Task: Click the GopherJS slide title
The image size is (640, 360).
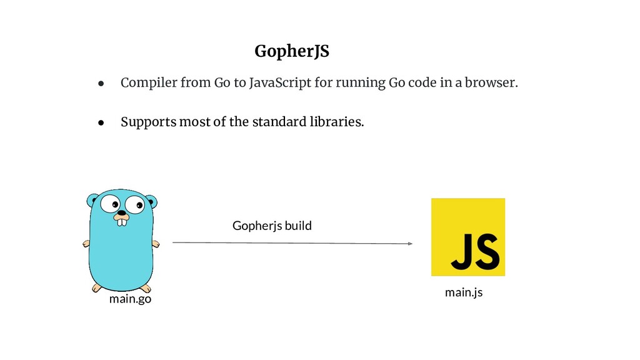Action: [x=291, y=52]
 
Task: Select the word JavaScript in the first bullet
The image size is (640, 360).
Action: [x=279, y=83]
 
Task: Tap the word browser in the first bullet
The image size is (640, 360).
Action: [x=494, y=83]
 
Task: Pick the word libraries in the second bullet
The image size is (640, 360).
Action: [x=338, y=121]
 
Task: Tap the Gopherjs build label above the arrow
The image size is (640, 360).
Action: [x=271, y=226]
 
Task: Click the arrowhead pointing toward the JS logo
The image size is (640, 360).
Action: [x=409, y=244]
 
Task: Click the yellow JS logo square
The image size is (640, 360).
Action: [x=467, y=237]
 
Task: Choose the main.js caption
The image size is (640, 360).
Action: [x=463, y=292]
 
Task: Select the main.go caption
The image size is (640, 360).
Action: [x=130, y=299]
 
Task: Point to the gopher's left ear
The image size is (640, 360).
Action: [x=93, y=201]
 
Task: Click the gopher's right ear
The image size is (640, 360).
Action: [x=151, y=201]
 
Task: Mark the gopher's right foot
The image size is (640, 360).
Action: [x=145, y=288]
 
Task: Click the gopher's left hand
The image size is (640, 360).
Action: [x=87, y=244]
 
